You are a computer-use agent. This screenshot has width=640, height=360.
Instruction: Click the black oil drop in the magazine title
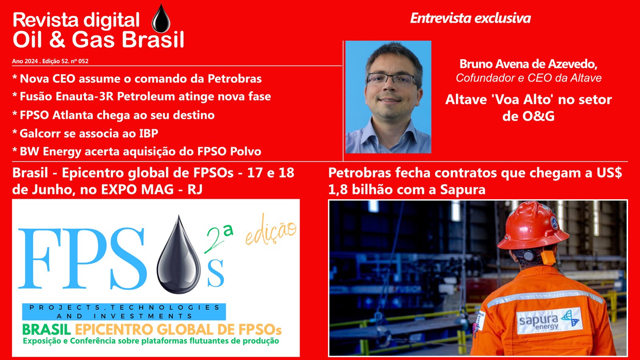click(161, 19)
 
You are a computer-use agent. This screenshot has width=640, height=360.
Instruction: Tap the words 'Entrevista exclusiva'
click(470, 18)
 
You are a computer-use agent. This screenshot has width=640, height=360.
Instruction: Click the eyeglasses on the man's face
click(392, 79)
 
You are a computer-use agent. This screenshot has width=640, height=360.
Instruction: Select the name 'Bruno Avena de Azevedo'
click(528, 64)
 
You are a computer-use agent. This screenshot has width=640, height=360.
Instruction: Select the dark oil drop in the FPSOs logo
click(178, 255)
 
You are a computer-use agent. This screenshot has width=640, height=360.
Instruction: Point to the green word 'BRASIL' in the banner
click(46, 330)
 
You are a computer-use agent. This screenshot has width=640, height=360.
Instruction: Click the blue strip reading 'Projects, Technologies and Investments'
click(124, 312)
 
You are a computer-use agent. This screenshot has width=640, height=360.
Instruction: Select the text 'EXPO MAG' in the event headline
click(137, 190)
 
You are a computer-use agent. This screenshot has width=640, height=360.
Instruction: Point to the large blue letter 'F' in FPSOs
click(40, 258)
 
